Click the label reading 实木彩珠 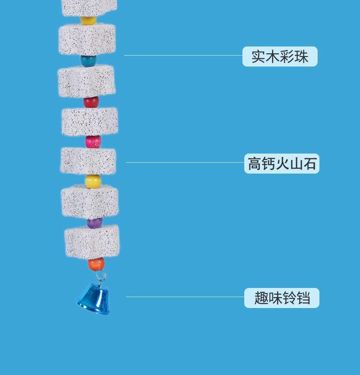coord(280,57)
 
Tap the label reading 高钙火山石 coord(282,163)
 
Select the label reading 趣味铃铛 coord(282,298)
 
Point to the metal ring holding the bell coord(101,275)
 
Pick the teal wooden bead coord(89,61)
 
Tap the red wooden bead coord(91,102)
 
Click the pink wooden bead coord(93,142)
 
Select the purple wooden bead coord(95,223)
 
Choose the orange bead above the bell coord(96,263)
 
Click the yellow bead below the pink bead coord(93,182)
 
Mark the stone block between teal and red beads coord(86,81)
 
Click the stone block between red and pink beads coord(90,121)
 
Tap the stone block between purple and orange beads coord(92,242)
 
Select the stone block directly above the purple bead coord(90,201)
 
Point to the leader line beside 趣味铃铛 coord(185,297)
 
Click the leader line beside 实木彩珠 coord(183,56)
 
